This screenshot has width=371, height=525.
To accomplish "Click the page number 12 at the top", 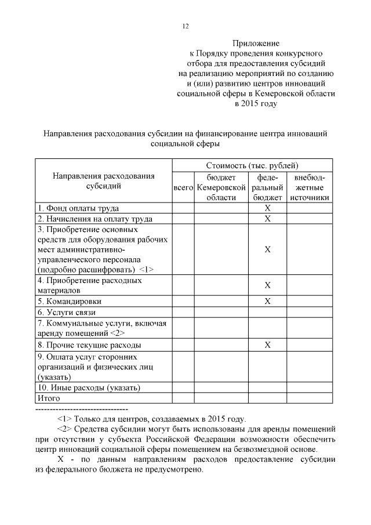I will point(186,26).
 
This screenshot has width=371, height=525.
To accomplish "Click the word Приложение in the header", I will point(256,44).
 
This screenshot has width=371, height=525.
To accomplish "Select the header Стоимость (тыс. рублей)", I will point(252,165).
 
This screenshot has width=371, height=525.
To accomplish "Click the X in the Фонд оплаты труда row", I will point(268,208).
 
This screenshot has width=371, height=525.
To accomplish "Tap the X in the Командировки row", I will point(268,301).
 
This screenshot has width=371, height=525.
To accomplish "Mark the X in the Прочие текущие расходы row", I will point(268,345).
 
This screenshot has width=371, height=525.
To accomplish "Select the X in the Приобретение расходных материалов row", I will point(268,285).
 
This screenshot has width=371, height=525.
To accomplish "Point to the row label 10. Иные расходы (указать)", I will point(89,388).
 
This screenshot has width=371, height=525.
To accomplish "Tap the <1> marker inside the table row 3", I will point(147,270).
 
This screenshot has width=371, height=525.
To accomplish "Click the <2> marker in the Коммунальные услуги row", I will point(117,334).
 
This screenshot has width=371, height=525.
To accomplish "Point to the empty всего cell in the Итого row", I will point(183,399).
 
